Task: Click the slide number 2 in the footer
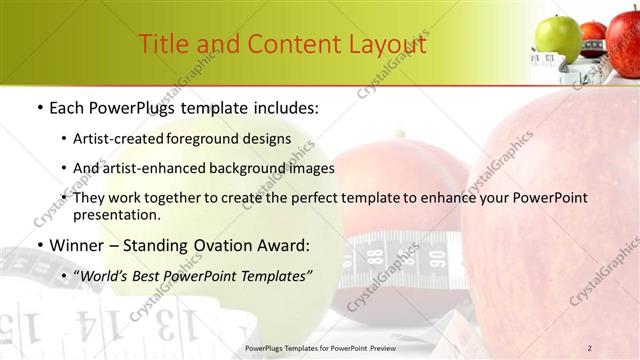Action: [590, 347]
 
